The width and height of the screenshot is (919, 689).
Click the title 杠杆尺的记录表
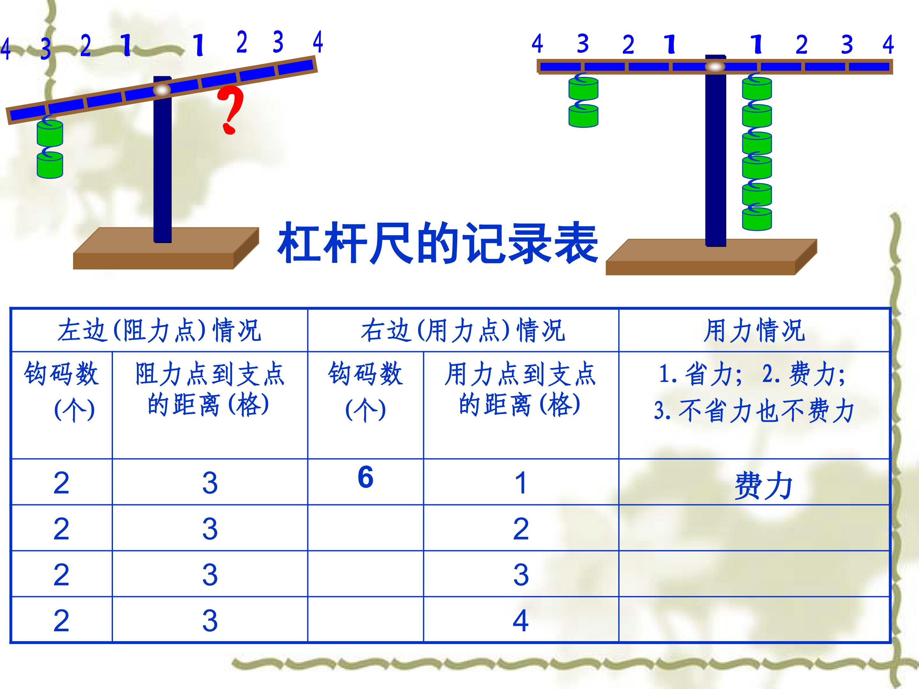(437, 244)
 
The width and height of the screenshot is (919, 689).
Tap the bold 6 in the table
(366, 477)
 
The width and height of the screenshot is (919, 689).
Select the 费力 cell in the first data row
(763, 485)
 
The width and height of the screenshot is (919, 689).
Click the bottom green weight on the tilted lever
(50, 165)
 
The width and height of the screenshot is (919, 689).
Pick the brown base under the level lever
(711, 257)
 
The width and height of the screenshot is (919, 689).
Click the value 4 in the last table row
(520, 621)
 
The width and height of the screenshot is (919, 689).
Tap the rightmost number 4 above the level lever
(888, 44)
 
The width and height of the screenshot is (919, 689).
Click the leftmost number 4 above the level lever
(537, 44)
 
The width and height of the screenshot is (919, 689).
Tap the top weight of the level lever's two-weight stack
(583, 89)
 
